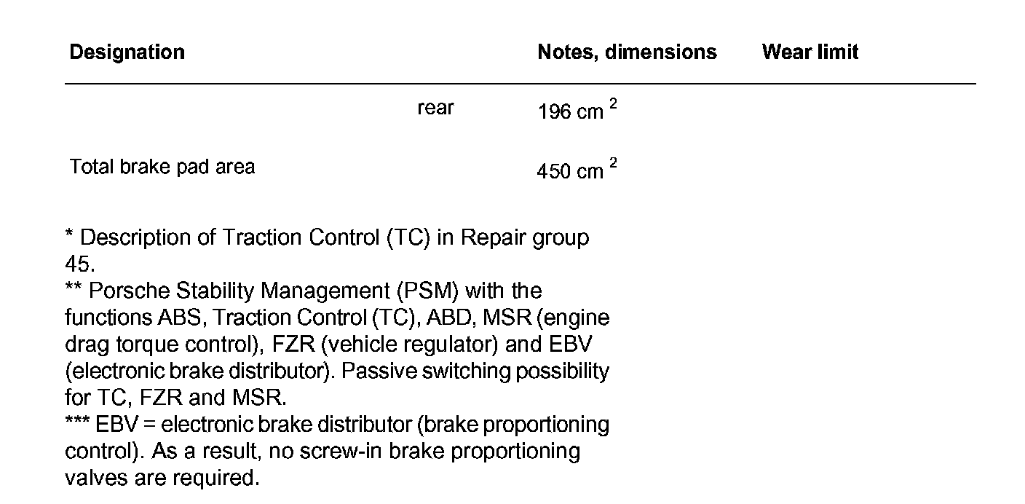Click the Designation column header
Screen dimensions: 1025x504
pos(127,52)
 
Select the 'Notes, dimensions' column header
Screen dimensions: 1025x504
pos(627,52)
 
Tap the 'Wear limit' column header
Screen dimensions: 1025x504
pos(810,52)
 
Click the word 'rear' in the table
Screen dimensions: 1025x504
pos(435,109)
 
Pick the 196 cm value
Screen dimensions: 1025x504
pos(570,112)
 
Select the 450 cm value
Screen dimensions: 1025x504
pos(570,171)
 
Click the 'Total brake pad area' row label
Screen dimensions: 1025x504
pos(162,167)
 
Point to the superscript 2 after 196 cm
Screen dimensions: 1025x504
pos(613,104)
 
